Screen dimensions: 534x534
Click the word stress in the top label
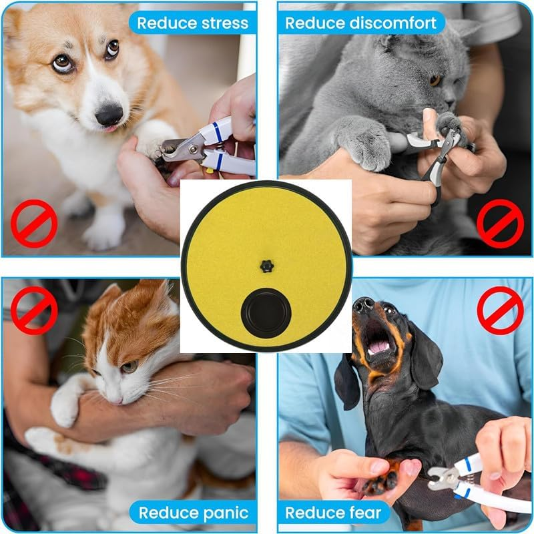pos(225,23)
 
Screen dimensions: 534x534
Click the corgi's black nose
pos(109,114)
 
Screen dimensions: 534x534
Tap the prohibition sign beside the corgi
pos(34,224)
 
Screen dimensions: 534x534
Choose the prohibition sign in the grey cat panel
pos(500,224)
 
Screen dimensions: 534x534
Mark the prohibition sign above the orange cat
pos(34,310)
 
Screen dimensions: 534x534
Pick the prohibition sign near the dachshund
pos(500,310)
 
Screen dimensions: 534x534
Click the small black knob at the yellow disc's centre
pos(267,266)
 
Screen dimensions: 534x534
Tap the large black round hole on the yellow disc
pos(266,313)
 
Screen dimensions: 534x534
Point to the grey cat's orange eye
pos(435,80)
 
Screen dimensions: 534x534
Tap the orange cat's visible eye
pos(129,366)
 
